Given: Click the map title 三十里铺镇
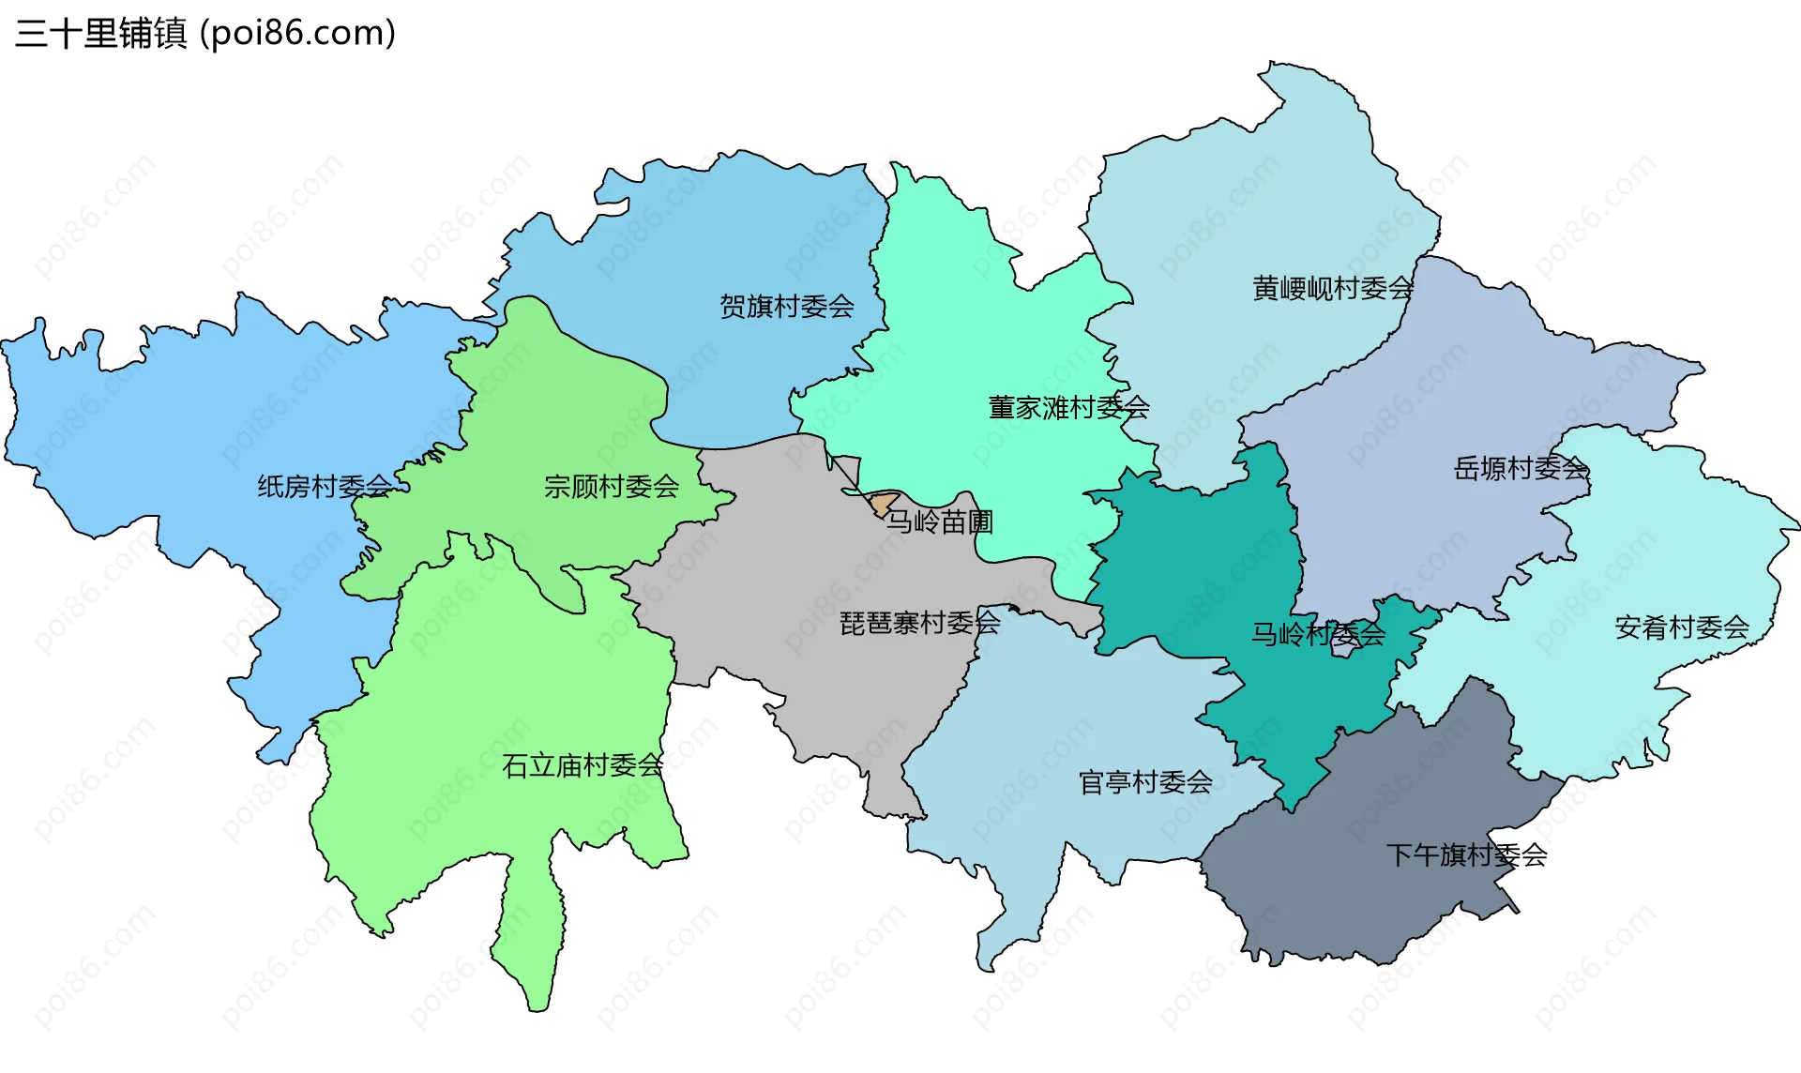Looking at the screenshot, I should tap(101, 34).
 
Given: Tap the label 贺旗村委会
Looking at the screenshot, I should tap(786, 306).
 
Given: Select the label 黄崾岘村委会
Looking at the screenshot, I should tap(1332, 288).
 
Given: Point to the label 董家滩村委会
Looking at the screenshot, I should tap(1068, 407).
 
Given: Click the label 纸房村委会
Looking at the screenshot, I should tap(325, 486).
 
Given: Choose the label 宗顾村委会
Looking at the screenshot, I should tap(611, 486).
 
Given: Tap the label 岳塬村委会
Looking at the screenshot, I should tap(1521, 467).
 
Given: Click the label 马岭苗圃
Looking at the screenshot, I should tap(939, 521).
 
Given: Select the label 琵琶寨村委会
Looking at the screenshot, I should tap(919, 622).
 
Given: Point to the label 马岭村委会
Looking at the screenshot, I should tap(1318, 634).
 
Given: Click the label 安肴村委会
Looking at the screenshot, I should tap(1681, 627).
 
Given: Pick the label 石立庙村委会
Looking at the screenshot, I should tap(582, 765).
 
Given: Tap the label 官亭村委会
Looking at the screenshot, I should tap(1144, 781).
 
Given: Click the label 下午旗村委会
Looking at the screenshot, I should tap(1466, 854).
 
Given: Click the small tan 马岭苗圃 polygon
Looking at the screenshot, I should tap(883, 503).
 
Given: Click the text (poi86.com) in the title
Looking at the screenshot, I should tap(298, 34).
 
